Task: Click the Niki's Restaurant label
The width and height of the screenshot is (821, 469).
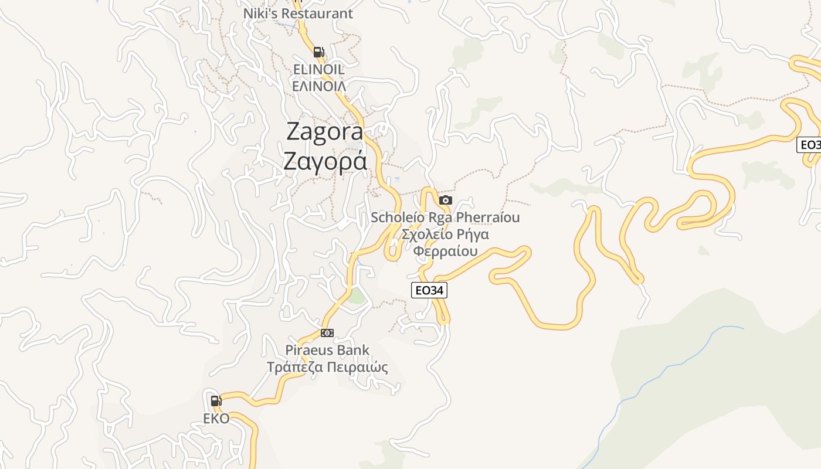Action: click(x=298, y=13)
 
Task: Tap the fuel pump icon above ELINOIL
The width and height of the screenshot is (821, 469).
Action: click(x=318, y=52)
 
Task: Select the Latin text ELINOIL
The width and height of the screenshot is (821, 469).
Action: click(x=318, y=69)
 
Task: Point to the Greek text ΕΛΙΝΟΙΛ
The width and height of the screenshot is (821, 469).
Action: click(x=318, y=86)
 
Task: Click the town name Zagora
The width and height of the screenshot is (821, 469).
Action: click(x=325, y=132)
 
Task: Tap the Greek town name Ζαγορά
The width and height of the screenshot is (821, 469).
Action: click(x=325, y=161)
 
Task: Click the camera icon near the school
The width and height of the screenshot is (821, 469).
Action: click(x=446, y=200)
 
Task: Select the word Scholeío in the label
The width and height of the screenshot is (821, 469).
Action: click(x=398, y=217)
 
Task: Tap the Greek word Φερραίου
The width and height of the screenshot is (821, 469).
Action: click(x=445, y=252)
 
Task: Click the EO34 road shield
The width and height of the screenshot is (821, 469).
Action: click(x=429, y=290)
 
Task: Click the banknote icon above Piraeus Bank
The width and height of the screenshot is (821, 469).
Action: click(x=327, y=333)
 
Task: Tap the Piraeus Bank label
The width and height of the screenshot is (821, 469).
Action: click(x=327, y=350)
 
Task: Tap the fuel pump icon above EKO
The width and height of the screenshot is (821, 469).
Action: click(x=216, y=401)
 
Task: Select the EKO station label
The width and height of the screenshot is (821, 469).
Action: click(x=216, y=419)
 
